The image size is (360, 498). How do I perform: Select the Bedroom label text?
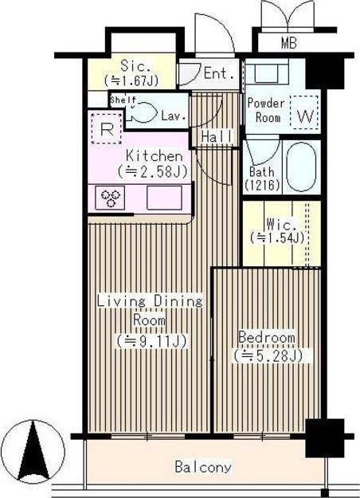(x=266, y=336)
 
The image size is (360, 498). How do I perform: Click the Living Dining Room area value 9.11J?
(x=151, y=341)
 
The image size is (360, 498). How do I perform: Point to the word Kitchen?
(x=151, y=156)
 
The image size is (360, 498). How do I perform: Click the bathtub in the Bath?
(x=300, y=167)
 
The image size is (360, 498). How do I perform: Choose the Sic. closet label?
(x=131, y=65)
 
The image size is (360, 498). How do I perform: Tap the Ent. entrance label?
(x=218, y=74)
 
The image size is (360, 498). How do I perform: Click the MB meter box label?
(x=289, y=44)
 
